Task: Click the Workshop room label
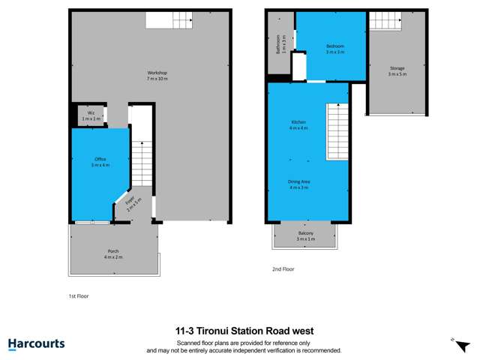pos(156,76)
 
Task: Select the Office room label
pos(100,161)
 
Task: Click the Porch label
pos(112,253)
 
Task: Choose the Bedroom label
pos(334,49)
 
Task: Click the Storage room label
pos(396,70)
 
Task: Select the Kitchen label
pos(299,124)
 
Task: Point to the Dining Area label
pos(299,184)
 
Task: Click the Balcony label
pos(305,235)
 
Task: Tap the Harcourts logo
pos(36,344)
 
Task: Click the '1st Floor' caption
pos(78,296)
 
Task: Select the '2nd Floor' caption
pos(283,268)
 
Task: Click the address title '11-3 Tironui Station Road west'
pos(244,330)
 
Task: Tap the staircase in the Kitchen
pos(337,131)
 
